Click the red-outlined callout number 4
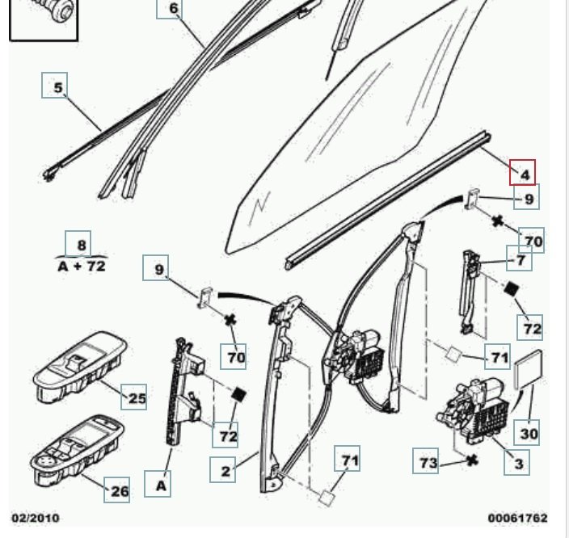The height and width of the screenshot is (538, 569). pyautogui.click(x=522, y=174)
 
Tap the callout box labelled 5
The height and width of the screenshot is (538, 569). pyautogui.click(x=55, y=86)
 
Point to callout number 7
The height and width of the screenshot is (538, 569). pyautogui.click(x=520, y=260)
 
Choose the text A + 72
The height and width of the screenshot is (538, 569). pyautogui.click(x=81, y=265)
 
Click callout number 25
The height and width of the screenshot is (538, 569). pyautogui.click(x=137, y=397)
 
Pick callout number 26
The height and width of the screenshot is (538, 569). pyautogui.click(x=118, y=490)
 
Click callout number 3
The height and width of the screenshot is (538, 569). pyautogui.click(x=518, y=463)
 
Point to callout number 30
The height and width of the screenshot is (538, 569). pyautogui.click(x=528, y=433)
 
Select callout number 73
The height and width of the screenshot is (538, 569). pyautogui.click(x=428, y=462)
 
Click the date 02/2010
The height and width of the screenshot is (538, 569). pyautogui.click(x=35, y=518)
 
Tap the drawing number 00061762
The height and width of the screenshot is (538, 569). pyautogui.click(x=517, y=518)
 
